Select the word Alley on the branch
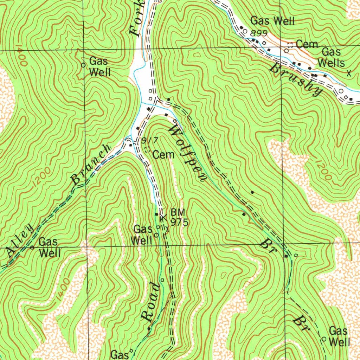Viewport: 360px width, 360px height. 20,241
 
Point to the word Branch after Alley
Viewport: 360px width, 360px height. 91,165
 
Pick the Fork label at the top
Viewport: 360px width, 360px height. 137,19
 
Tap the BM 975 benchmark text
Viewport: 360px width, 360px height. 179,217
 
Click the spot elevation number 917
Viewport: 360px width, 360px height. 149,140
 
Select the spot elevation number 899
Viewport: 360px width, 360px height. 259,33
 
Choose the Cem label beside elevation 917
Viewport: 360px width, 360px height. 163,154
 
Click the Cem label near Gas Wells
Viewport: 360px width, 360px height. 307,44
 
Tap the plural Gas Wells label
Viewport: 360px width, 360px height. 331,57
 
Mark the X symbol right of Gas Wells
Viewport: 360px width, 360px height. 349,73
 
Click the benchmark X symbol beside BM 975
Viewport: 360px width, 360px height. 163,218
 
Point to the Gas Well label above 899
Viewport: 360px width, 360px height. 272,21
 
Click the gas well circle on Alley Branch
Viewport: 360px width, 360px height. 32,247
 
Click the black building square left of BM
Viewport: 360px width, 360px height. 156,214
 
